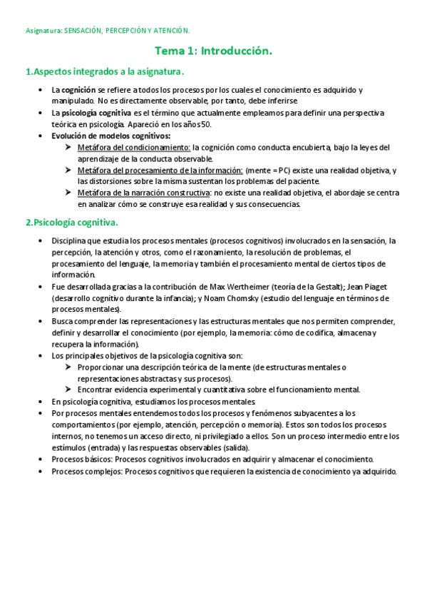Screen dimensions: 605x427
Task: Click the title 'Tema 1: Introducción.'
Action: click(x=213, y=51)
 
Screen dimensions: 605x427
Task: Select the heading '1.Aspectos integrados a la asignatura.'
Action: click(x=105, y=71)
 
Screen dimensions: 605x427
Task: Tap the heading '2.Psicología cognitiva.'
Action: click(x=71, y=222)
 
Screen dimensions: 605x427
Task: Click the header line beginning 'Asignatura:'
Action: click(x=108, y=31)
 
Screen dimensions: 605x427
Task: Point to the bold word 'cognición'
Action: click(x=78, y=90)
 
